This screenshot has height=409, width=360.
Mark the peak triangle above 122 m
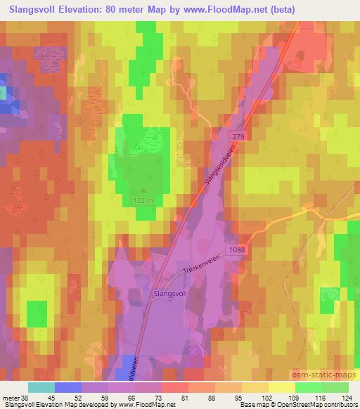coord(145,189)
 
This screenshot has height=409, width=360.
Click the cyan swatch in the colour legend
coord(41,387)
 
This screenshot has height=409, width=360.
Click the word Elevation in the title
coord(82,9)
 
